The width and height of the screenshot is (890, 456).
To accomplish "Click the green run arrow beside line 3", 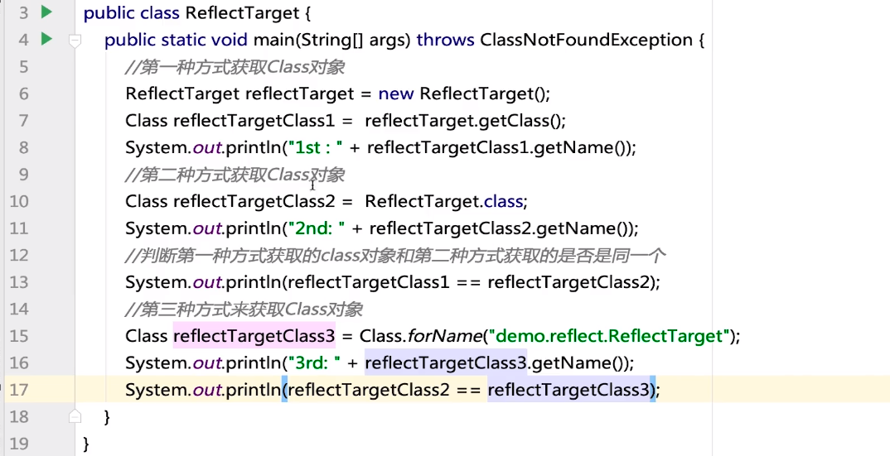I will coord(46,12).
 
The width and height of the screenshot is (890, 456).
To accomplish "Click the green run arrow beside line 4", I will coord(46,39).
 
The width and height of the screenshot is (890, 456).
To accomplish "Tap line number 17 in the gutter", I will coord(18,389).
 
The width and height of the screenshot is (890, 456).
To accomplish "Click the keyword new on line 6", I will coord(397,94).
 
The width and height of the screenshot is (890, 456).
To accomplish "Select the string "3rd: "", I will coord(322,362).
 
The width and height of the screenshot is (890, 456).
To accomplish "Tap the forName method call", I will coord(444,336).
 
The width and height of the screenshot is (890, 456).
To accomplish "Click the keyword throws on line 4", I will coord(445,40).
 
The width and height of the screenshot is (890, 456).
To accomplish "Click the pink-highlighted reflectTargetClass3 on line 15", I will coord(254,336).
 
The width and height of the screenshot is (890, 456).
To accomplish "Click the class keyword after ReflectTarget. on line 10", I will coord(505,201).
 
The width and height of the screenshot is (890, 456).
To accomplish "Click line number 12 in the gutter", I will coord(18,255).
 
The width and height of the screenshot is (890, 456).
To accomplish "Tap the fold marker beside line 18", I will coord(75,416).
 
